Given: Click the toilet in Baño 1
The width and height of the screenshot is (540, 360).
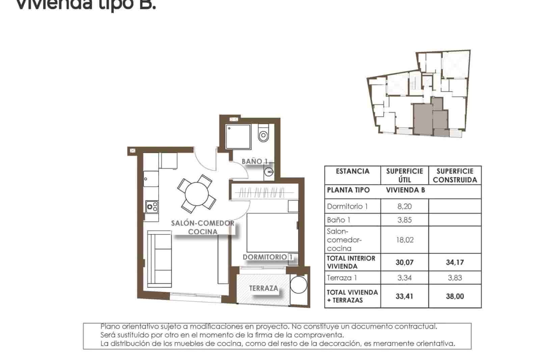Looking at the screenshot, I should tap(263, 134).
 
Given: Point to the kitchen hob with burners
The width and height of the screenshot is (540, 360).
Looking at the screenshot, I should tap(152, 206).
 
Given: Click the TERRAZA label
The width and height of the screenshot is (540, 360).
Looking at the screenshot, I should tap(264, 288).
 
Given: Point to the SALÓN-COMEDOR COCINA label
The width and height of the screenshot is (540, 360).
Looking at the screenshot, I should tap(202, 227).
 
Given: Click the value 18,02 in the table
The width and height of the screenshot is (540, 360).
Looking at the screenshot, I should tap(405, 240).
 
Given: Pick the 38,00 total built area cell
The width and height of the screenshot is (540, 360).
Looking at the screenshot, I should tap(455, 297).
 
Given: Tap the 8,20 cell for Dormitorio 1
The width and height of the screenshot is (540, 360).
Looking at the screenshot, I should tap(405, 206).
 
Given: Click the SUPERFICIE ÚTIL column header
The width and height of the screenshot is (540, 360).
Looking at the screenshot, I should tap(405, 175).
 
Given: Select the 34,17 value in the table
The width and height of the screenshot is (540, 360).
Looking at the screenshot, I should tap(455, 262).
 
